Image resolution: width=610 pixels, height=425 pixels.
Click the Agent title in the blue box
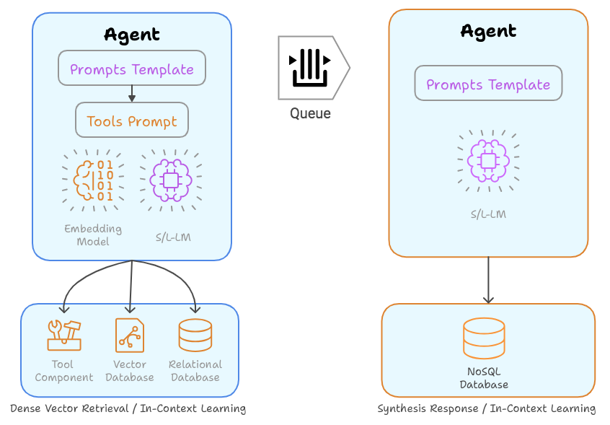[x=132, y=34]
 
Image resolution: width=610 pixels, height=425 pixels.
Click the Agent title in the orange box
[x=488, y=31]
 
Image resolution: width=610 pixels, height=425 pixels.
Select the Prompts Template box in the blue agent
[x=132, y=69]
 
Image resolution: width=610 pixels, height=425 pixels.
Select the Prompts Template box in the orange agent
[x=488, y=84]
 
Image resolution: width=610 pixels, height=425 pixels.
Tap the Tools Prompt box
[x=132, y=121]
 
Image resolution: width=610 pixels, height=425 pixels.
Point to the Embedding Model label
[x=93, y=235]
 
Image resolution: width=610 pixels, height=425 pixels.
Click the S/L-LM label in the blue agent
[x=173, y=236]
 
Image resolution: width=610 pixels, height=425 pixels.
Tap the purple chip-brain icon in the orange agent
[x=488, y=160]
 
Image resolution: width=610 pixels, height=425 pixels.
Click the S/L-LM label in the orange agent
[x=488, y=214]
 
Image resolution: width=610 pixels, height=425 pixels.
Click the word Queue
[x=310, y=113]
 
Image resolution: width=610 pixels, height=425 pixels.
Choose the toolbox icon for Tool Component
[x=64, y=335]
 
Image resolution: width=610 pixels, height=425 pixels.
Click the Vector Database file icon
[x=130, y=335]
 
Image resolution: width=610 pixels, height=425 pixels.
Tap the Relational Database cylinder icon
[x=195, y=335]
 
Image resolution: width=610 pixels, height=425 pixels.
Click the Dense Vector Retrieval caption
[x=128, y=409]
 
